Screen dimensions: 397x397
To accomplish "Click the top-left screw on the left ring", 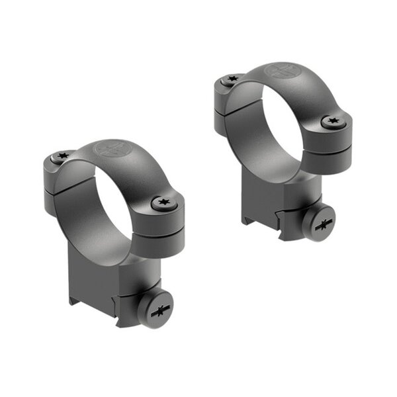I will (62, 156).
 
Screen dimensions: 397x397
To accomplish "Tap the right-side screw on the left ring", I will (161, 203).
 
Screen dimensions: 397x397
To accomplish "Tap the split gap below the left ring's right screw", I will (162, 226).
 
